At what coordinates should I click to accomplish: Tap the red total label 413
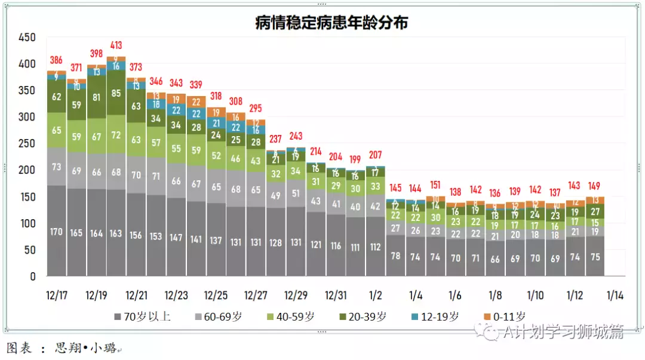click(116, 45)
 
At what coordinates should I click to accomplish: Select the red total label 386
click(56, 60)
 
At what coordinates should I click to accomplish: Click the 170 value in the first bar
click(56, 231)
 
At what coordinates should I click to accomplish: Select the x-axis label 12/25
click(216, 296)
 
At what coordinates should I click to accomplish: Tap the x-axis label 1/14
click(615, 296)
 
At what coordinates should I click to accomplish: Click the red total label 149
click(595, 185)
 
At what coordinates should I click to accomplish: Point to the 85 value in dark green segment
click(116, 93)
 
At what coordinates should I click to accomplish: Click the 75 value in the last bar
click(595, 257)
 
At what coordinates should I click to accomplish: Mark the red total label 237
click(275, 139)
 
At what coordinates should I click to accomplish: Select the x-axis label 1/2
click(376, 296)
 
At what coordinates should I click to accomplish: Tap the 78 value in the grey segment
click(395, 256)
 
